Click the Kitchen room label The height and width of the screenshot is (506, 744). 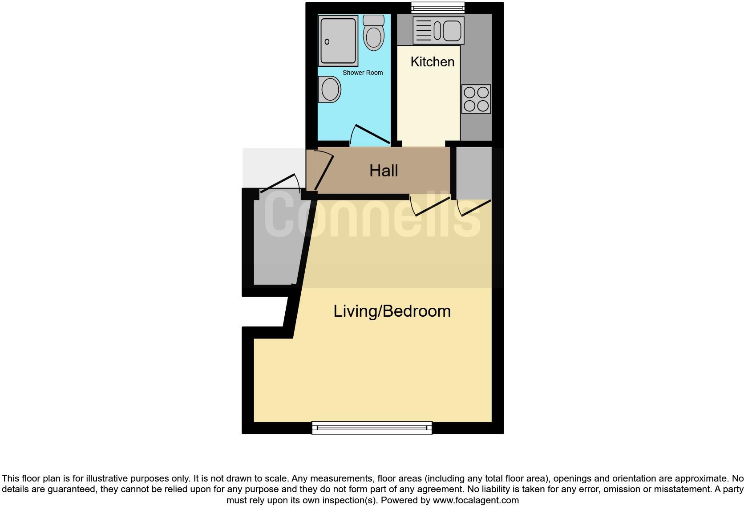(x=432, y=62)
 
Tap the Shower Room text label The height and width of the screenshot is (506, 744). (x=362, y=73)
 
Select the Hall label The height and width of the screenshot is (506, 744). (x=383, y=171)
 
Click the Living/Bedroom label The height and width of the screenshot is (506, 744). (x=392, y=311)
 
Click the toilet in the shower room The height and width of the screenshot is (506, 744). (x=373, y=37)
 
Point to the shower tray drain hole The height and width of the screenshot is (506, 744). (x=327, y=42)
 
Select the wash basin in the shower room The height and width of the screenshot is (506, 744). (x=330, y=90)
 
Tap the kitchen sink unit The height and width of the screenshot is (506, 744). (x=438, y=30)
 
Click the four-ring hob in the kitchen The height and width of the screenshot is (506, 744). (x=476, y=99)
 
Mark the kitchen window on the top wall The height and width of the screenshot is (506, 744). (x=438, y=7)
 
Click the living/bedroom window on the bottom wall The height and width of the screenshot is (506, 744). (x=372, y=428)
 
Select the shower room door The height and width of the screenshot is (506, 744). (x=370, y=135)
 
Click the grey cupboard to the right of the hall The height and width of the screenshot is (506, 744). (x=473, y=173)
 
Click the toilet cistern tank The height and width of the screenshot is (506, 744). (x=373, y=20)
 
